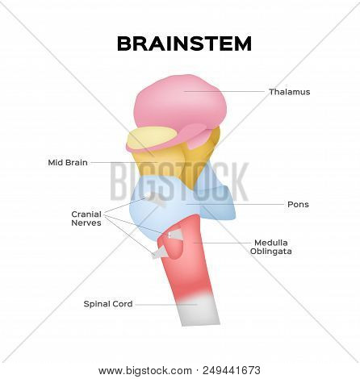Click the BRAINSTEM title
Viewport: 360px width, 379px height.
click(184, 44)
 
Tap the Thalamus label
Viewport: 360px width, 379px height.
click(290, 92)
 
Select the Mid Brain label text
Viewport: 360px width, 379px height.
click(68, 162)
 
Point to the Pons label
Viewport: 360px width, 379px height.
click(298, 204)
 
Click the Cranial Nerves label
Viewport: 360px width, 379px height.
click(86, 219)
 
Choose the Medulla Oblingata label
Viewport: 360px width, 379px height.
click(271, 247)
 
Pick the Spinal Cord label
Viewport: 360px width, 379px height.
click(108, 304)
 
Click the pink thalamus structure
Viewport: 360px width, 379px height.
click(180, 105)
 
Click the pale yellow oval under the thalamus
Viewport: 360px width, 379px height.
click(151, 138)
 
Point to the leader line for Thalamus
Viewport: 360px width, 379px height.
click(224, 91)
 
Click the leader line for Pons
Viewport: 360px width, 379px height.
click(235, 204)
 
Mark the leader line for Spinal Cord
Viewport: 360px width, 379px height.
click(166, 305)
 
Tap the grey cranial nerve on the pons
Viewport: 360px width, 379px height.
click(156, 199)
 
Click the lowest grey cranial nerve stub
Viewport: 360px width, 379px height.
click(160, 253)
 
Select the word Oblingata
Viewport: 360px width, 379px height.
click(271, 252)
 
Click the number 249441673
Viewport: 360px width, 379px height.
click(232, 370)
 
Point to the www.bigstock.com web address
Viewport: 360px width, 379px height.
click(145, 371)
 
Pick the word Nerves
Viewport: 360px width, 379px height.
click(86, 223)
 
